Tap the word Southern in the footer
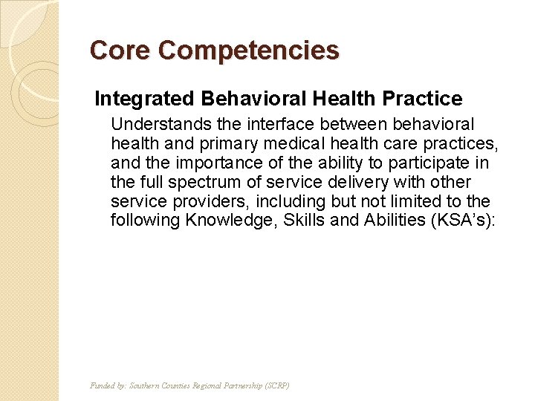coord(146,385)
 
